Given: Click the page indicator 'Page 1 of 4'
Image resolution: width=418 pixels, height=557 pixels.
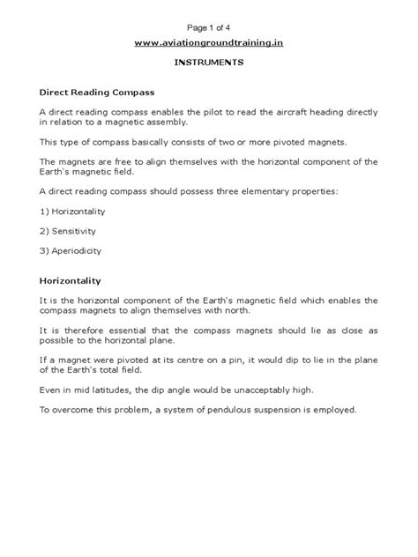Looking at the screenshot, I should click(208, 21).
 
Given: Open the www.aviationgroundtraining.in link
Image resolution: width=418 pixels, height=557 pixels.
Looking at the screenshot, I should click(208, 41).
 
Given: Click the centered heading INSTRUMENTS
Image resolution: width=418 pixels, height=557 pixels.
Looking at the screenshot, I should click(208, 64).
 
